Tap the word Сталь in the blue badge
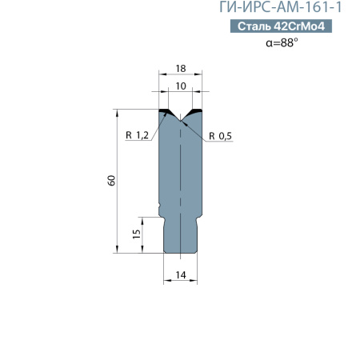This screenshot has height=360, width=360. (x=254, y=26)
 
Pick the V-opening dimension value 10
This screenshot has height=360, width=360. (x=181, y=85)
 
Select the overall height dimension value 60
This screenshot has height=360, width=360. (x=112, y=181)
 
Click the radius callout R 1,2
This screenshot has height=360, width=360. (x=138, y=135)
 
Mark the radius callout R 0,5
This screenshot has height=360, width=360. (x=221, y=135)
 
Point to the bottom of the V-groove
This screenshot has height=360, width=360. (x=181, y=122)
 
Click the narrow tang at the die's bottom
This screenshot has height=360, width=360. (x=181, y=236)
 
